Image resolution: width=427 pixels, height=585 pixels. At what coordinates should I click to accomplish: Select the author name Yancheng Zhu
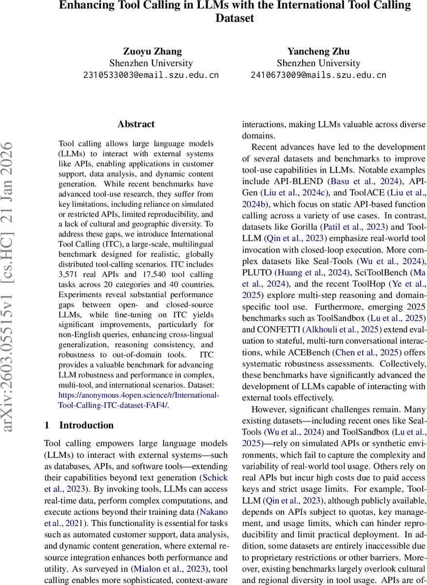tap(318, 51)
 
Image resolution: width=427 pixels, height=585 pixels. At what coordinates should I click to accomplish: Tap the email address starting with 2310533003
tap(151, 75)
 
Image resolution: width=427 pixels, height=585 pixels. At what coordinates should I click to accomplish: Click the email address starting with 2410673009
tap(318, 75)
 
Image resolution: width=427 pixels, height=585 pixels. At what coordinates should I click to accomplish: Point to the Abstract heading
tap(136, 124)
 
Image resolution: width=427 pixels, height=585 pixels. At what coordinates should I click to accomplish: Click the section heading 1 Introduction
tap(79, 425)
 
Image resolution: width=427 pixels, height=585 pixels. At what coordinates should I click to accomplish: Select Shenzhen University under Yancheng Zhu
tap(318, 63)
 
